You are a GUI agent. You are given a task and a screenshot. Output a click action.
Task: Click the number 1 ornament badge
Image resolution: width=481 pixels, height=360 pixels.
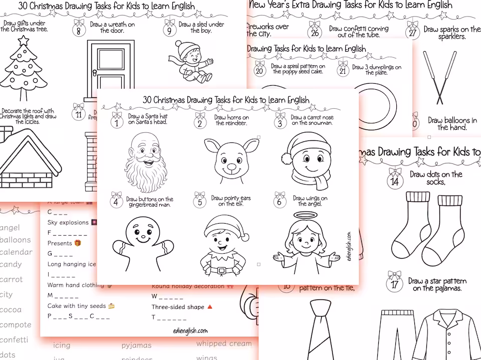click(117, 122)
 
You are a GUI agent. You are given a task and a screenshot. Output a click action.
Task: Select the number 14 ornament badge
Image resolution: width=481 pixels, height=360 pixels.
click(395, 181)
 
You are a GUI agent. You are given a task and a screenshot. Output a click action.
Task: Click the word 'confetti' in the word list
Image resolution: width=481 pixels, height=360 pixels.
click(15, 339)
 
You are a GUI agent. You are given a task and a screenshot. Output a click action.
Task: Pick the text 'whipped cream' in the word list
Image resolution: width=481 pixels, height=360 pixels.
click(224, 343)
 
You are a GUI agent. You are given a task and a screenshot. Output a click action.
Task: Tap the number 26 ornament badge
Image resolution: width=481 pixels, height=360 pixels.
click(315, 33)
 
